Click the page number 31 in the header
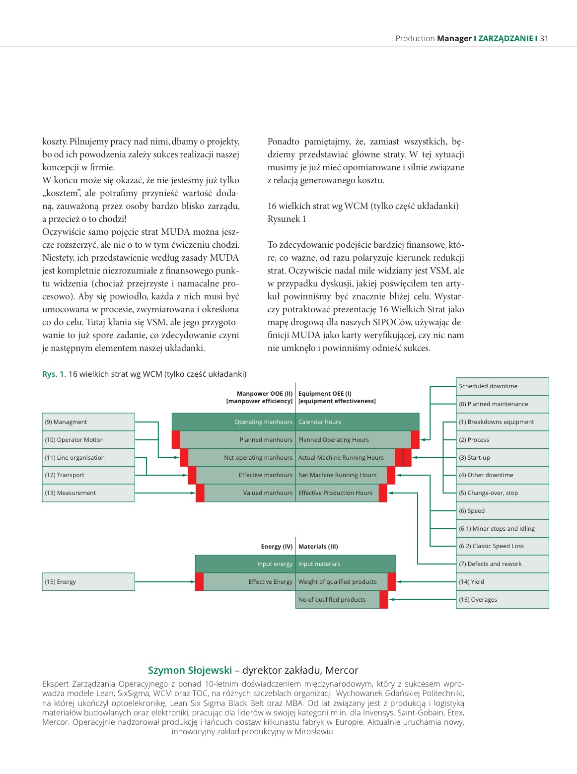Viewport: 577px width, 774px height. coord(544,38)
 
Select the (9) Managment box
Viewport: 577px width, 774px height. coord(88,422)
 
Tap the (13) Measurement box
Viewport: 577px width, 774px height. coord(88,493)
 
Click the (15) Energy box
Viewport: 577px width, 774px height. coord(88,582)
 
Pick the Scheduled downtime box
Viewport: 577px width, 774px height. coord(502,386)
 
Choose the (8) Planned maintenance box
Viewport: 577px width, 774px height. coord(502,404)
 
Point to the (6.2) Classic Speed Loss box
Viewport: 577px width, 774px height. coord(502,546)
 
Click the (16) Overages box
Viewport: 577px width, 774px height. coord(502,600)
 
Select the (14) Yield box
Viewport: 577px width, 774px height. coord(502,582)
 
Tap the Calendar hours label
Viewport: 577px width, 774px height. coord(319,422)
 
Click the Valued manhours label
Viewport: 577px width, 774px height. coord(268,493)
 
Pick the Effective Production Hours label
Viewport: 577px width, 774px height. coord(335,493)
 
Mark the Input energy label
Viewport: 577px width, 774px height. coord(275,564)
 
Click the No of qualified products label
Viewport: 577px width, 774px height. coord(332,600)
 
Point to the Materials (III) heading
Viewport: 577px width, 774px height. coord(318,547)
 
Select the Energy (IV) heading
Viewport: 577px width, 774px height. coord(277,547)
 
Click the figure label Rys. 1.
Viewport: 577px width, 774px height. coord(54,374)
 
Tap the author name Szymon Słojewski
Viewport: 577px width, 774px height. coord(190,670)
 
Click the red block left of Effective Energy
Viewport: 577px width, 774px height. coord(199,582)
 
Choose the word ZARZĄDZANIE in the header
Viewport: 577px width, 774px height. coord(505,38)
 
